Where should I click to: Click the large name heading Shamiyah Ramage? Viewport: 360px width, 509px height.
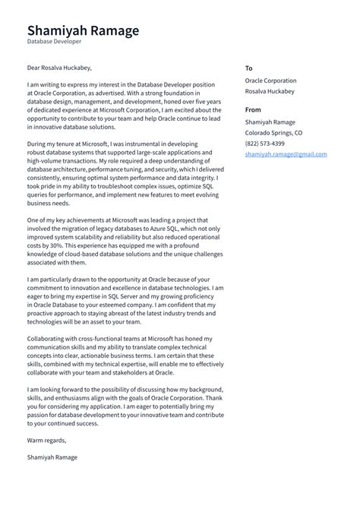click(x=83, y=30)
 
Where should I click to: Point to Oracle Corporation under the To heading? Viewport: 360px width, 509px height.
click(x=270, y=81)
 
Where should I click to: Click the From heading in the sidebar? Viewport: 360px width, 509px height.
click(x=253, y=109)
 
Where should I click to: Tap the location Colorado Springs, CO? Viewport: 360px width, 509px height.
click(x=273, y=132)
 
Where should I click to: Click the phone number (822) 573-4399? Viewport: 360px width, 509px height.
click(x=264, y=143)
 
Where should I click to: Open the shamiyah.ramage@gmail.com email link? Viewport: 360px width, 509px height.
click(x=286, y=154)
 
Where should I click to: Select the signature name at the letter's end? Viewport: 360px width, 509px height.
click(x=52, y=457)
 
